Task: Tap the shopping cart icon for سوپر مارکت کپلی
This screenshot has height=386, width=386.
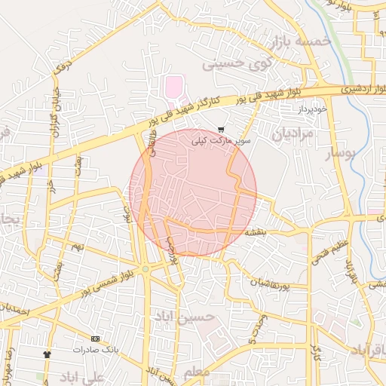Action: click(x=220, y=130)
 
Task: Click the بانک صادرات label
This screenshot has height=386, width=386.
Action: click(x=96, y=350)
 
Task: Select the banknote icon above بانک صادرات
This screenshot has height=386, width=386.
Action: click(x=95, y=339)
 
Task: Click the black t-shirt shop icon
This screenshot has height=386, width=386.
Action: click(x=47, y=354)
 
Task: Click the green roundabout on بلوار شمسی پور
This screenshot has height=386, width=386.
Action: click(x=146, y=269)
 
